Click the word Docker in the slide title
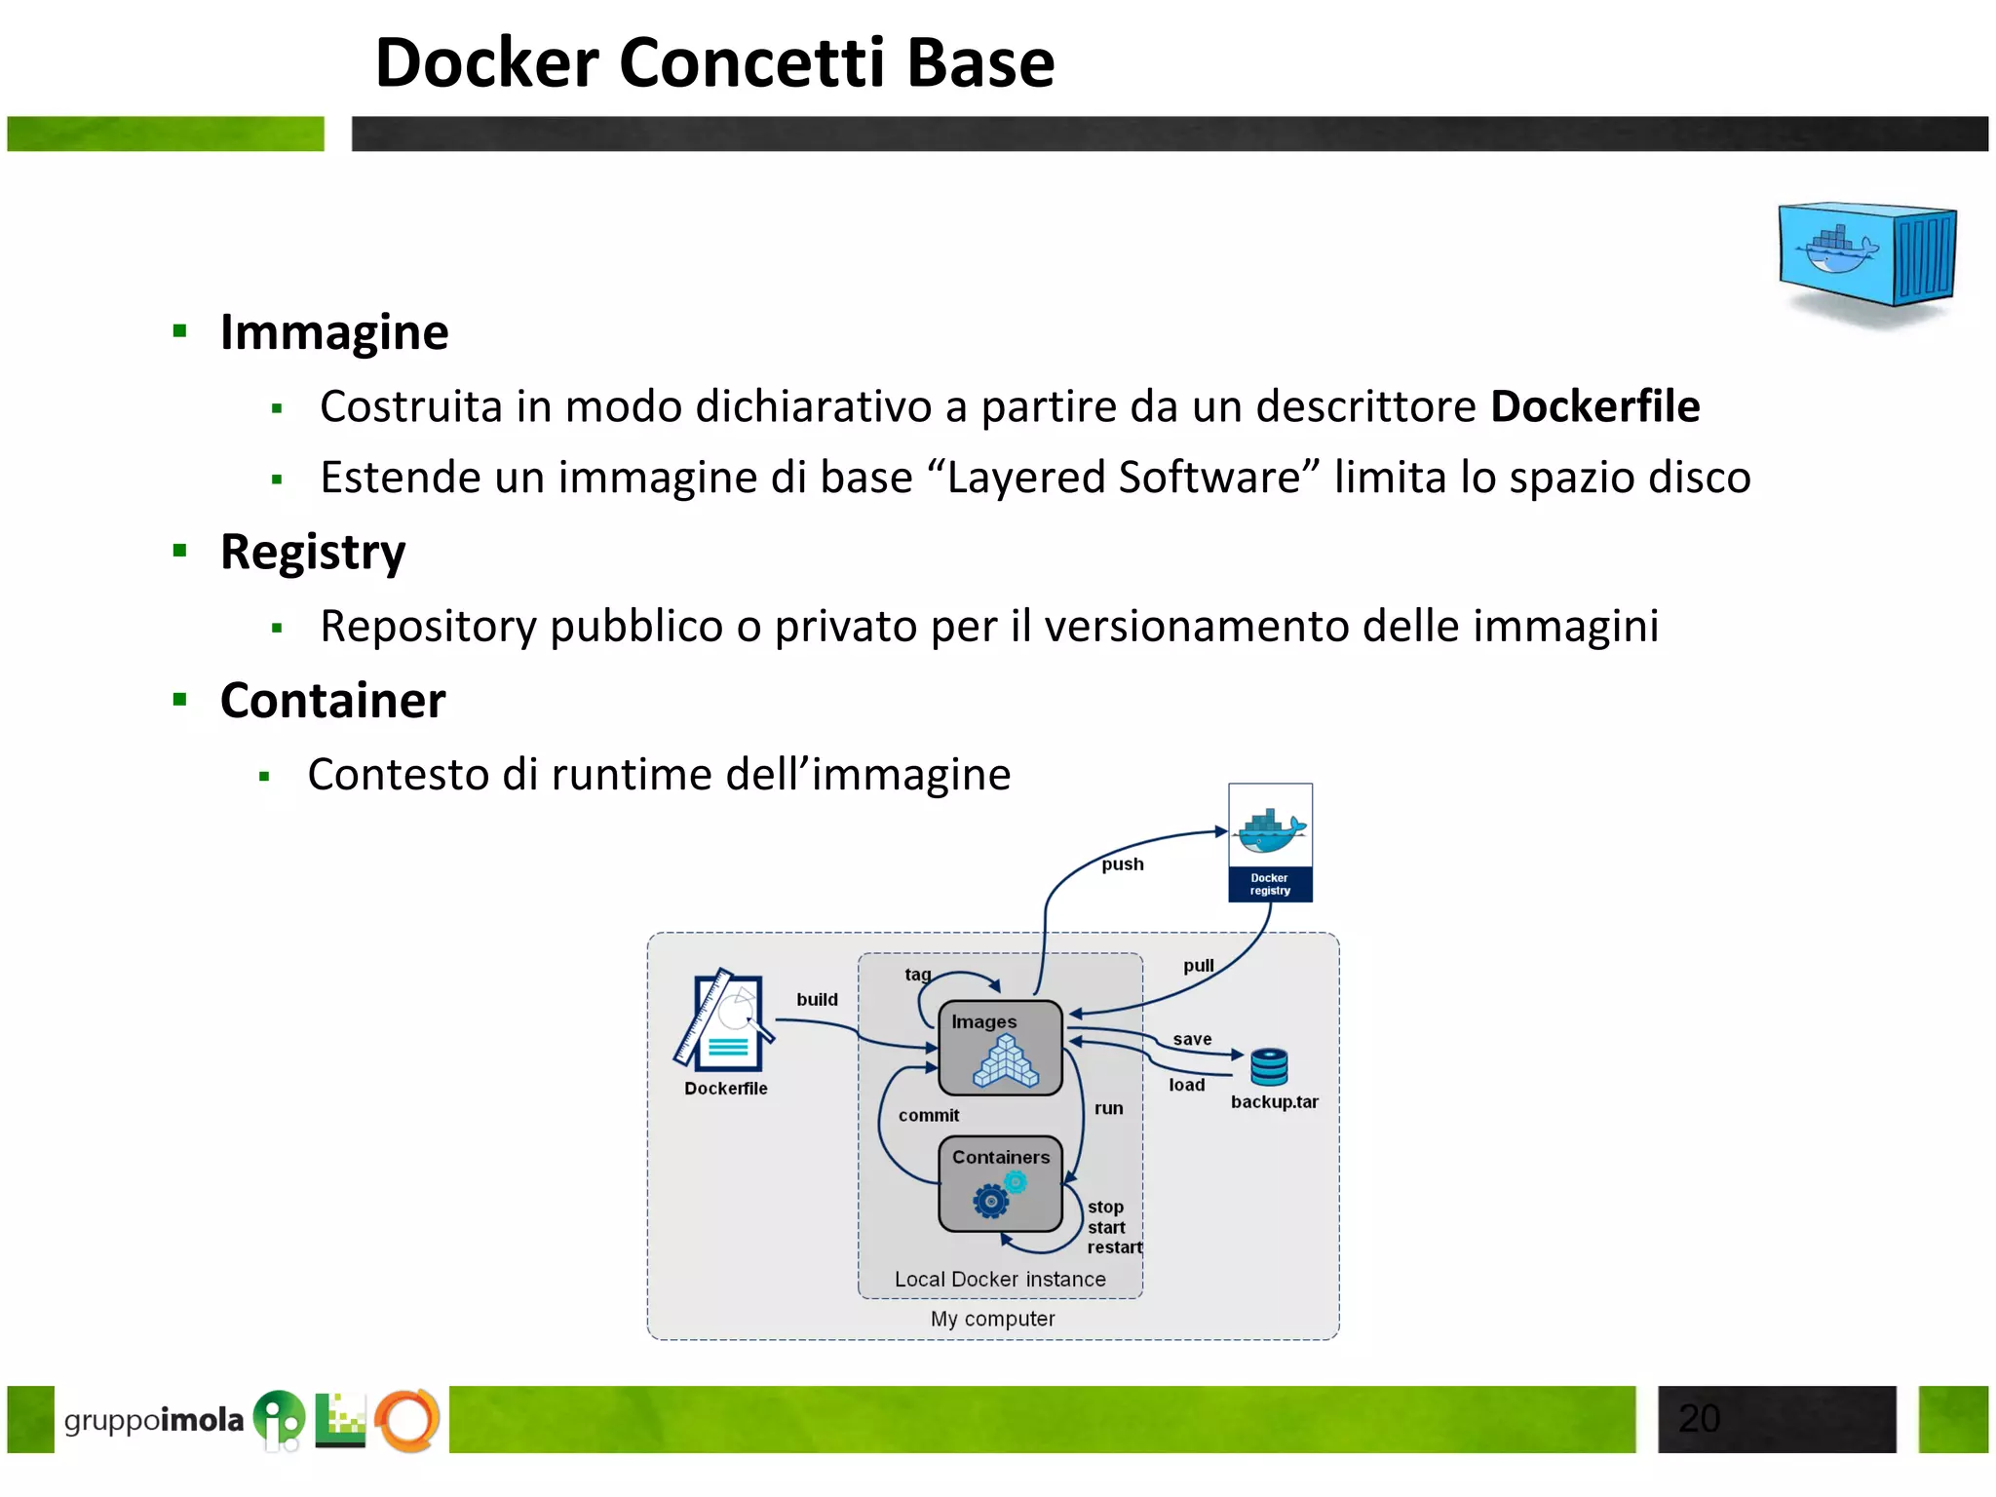486,63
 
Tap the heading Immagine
333,332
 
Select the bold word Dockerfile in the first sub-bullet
1594,406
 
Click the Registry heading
312,552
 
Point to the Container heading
332,701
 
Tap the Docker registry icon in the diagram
1270,842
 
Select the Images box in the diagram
1000,1048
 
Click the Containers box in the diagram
1000,1183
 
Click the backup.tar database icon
1269,1067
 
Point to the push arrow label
1122,864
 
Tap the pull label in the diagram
1198,966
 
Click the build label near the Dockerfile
817,1000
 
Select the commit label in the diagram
928,1116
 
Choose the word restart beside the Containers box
1114,1247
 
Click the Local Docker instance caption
1000,1280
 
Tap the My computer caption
992,1320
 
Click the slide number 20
1699,1419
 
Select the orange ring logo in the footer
407,1419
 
